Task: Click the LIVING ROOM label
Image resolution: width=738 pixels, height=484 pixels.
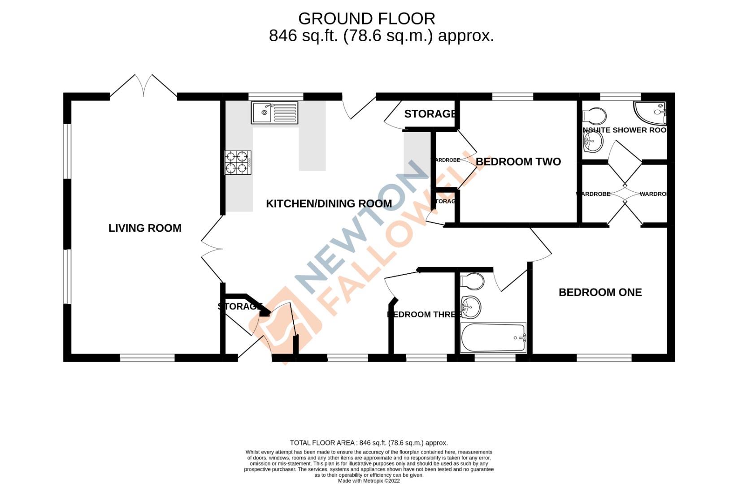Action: pyautogui.click(x=145, y=228)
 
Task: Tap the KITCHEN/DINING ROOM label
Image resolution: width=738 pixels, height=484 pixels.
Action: pyautogui.click(x=329, y=204)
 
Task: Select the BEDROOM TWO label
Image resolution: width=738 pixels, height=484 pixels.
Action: pyautogui.click(x=518, y=162)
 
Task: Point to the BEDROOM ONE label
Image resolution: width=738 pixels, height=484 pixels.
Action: pyautogui.click(x=600, y=293)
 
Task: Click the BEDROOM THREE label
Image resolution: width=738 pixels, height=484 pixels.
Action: pyautogui.click(x=423, y=315)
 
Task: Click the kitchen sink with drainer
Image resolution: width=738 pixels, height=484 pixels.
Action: pyautogui.click(x=274, y=112)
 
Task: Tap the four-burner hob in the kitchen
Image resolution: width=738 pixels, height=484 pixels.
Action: pyautogui.click(x=238, y=162)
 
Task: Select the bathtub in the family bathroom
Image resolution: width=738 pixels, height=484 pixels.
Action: pyautogui.click(x=493, y=337)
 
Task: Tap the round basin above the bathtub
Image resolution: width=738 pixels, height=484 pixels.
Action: pyautogui.click(x=470, y=307)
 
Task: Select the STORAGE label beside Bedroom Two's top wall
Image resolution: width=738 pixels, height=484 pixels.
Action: pyautogui.click(x=430, y=114)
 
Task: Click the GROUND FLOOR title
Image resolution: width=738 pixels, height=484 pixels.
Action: pyautogui.click(x=366, y=19)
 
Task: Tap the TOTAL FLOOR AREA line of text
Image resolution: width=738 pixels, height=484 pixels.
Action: pyautogui.click(x=369, y=443)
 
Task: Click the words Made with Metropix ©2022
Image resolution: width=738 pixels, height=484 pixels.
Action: pyautogui.click(x=369, y=481)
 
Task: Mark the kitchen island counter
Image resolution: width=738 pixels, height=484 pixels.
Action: pyautogui.click(x=312, y=148)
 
